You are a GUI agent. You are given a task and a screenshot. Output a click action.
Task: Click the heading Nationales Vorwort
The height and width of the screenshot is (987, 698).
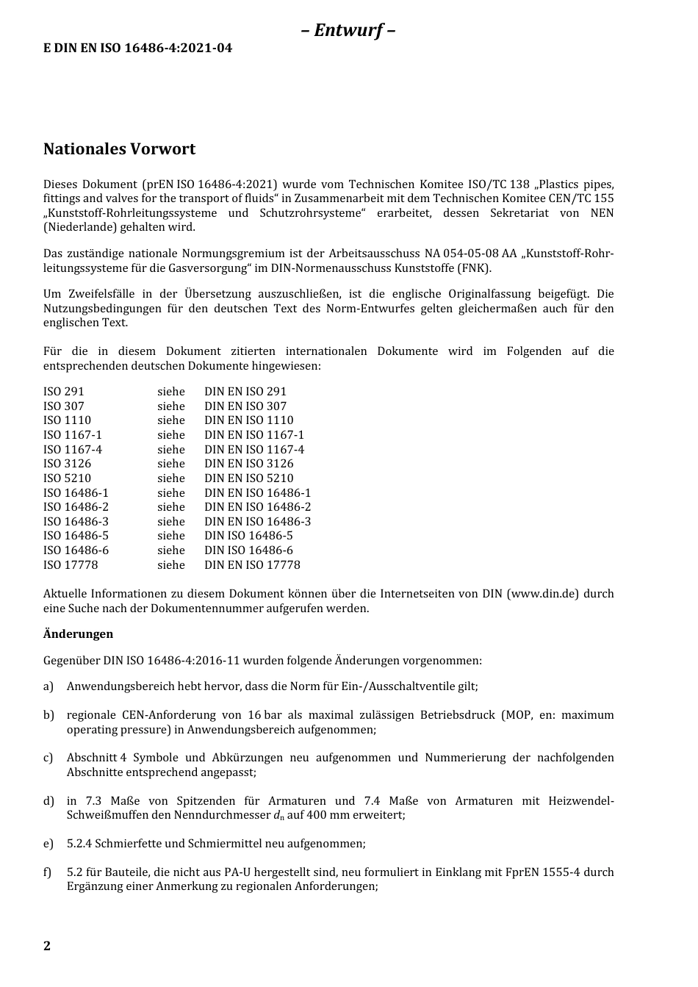click(119, 149)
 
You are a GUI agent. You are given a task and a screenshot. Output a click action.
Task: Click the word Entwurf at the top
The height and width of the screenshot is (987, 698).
click(348, 30)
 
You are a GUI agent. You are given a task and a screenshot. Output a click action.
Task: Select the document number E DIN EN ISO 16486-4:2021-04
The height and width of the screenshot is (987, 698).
click(137, 49)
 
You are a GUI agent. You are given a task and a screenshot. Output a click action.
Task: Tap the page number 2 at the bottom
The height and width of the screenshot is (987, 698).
click(47, 946)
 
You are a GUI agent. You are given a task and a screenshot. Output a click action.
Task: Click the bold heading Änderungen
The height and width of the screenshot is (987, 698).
click(78, 634)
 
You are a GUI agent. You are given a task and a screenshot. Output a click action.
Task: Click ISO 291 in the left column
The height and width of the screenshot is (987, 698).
click(64, 392)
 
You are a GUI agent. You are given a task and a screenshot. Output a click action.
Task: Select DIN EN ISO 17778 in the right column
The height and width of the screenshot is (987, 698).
click(252, 565)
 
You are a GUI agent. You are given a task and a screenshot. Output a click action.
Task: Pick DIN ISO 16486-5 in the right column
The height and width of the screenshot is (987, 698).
click(248, 536)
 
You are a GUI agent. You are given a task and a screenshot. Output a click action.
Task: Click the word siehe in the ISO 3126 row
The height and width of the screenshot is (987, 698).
click(170, 464)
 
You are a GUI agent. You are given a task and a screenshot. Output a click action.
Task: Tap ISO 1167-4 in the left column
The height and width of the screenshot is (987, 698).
click(73, 450)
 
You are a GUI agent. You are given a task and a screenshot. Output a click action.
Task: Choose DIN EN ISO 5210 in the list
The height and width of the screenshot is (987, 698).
click(248, 478)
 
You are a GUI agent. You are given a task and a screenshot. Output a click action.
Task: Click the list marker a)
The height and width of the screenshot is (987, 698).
click(48, 686)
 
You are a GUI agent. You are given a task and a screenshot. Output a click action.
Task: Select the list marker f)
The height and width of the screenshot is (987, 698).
click(48, 872)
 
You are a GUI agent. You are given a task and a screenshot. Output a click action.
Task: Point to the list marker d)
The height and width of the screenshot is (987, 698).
click(48, 801)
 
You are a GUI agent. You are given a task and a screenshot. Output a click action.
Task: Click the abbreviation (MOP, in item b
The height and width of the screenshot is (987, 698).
click(517, 715)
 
